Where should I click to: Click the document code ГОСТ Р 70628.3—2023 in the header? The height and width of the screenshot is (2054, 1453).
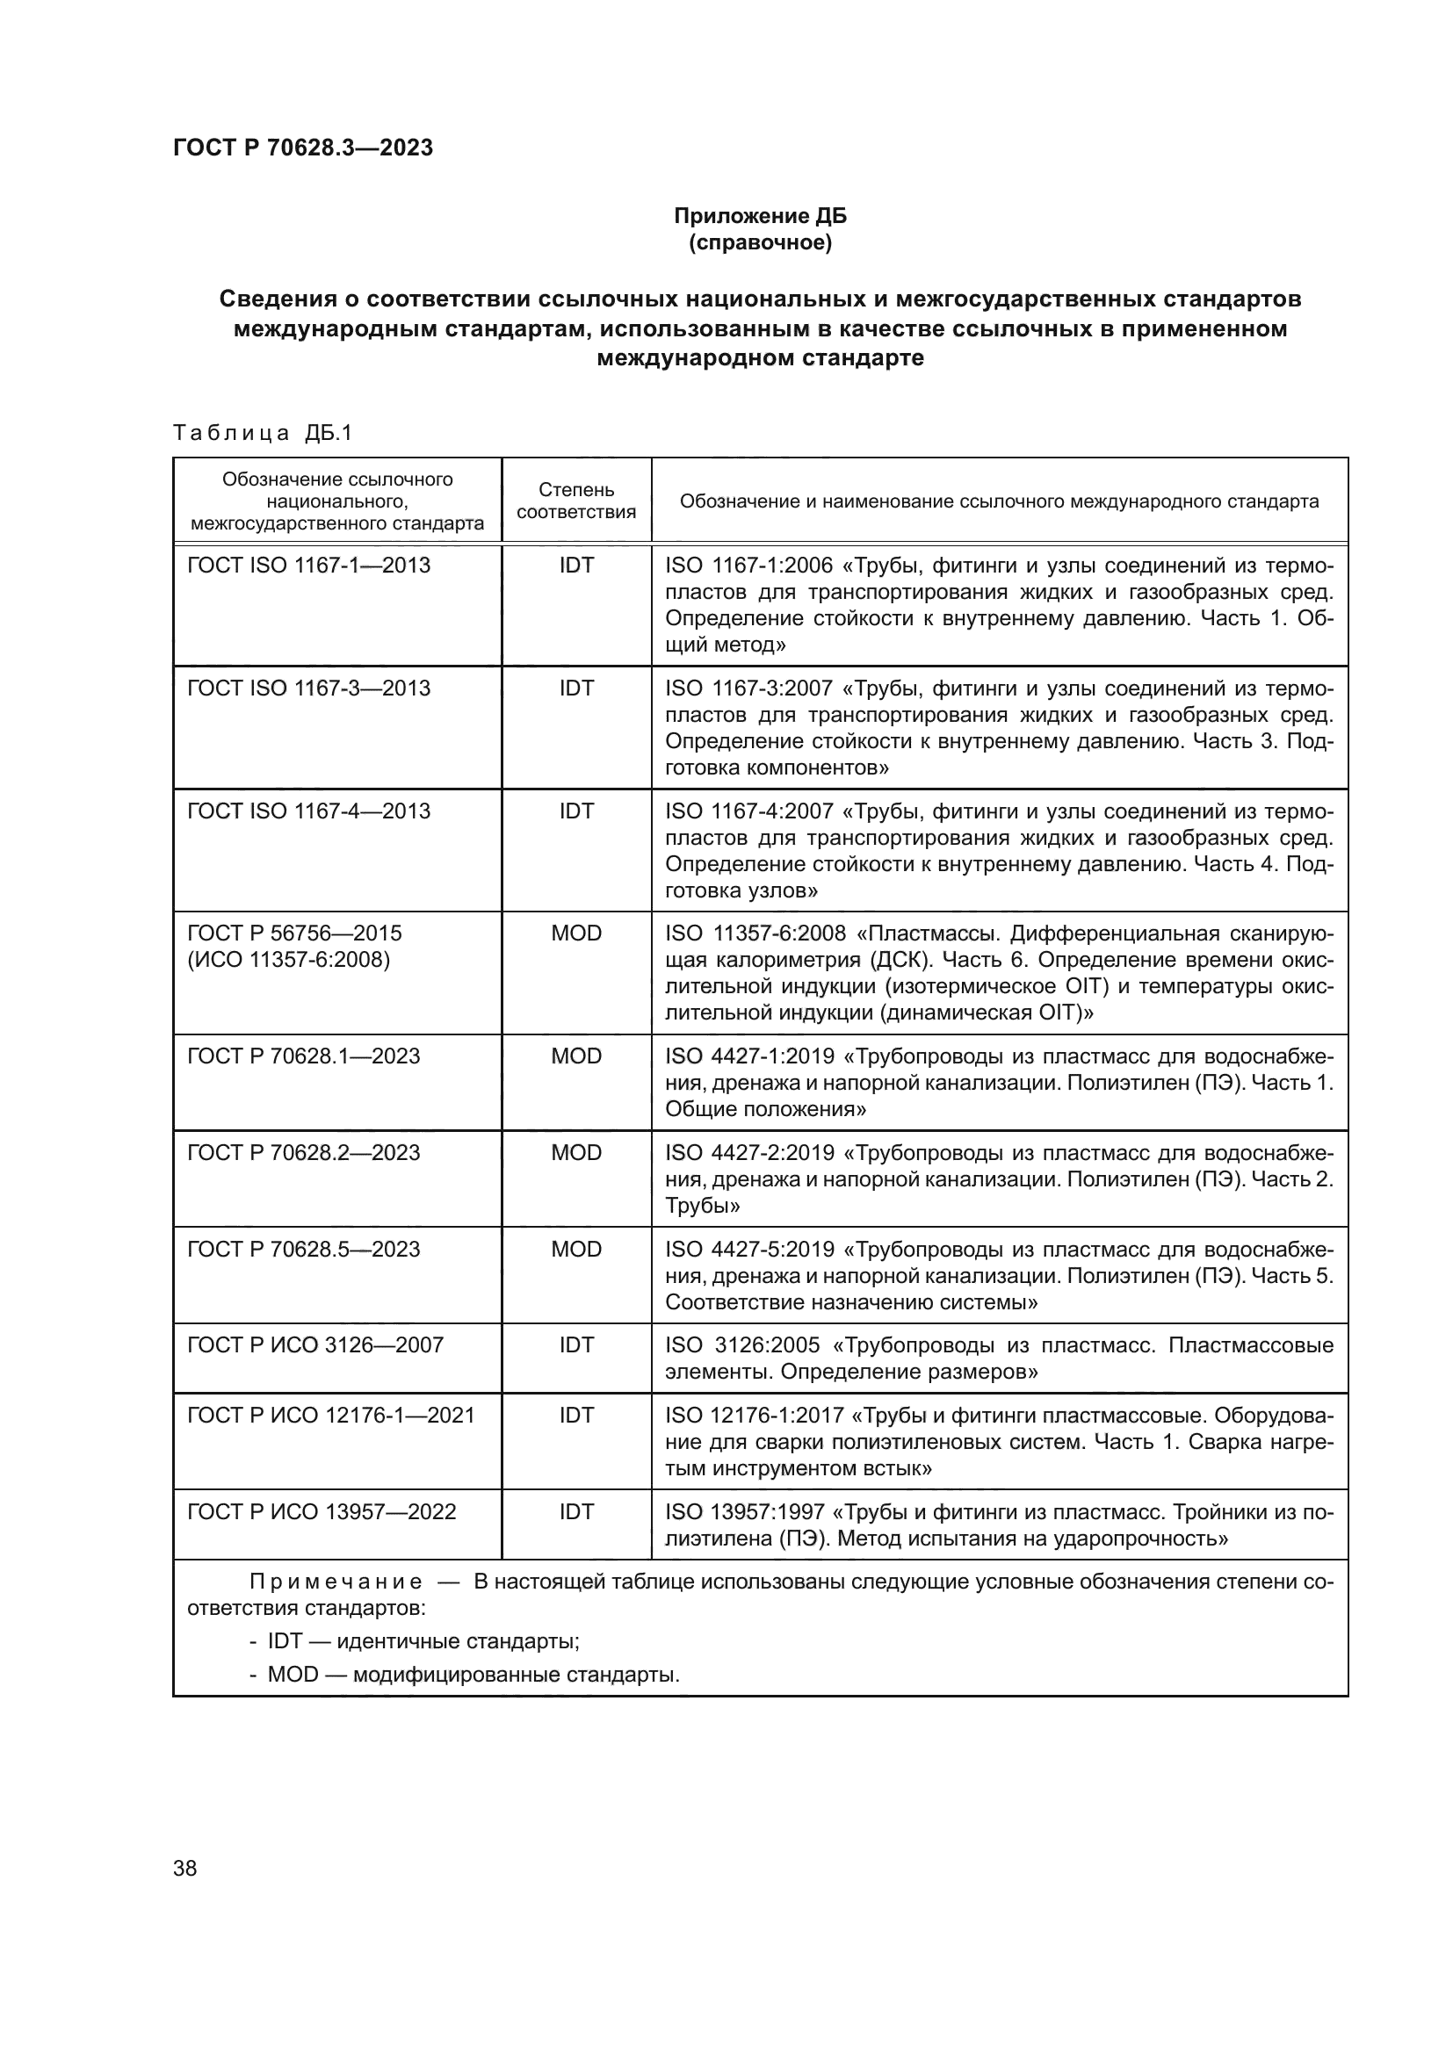302,148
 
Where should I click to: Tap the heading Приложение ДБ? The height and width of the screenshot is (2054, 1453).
760,216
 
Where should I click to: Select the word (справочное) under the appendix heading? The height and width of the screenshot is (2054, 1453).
760,242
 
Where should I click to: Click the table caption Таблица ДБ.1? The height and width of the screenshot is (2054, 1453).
263,433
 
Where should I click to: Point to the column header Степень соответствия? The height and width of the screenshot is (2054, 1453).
576,500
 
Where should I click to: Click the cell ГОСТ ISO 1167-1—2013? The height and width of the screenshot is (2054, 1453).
308,566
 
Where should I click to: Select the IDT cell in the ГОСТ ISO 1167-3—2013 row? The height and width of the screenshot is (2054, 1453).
576,688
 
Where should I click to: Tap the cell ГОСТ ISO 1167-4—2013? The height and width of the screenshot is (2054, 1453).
308,811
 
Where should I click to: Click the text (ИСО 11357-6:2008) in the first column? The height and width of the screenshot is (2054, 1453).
288,960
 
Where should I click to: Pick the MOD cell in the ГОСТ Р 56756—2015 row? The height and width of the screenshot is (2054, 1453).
576,933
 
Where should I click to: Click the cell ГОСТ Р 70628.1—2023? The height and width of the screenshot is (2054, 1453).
303,1056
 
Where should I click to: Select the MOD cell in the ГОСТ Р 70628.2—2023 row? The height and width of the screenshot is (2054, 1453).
576,1152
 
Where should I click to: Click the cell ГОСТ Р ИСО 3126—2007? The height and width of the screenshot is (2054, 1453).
315,1345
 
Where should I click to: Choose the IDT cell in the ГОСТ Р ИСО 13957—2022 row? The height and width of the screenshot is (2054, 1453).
576,1512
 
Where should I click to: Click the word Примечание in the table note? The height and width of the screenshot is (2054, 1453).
336,1582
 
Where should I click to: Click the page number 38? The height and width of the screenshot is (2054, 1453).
185,1868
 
